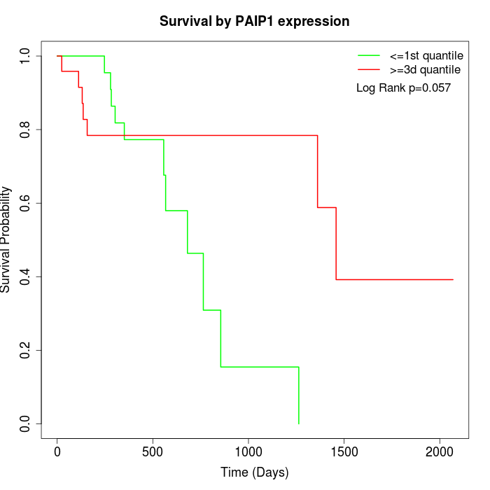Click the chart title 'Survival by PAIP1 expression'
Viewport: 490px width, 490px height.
254,22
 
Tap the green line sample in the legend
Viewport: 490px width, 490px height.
369,55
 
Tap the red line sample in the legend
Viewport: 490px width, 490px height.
369,70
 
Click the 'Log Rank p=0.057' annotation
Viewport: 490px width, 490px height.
403,88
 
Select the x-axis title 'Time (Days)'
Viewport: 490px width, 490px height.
254,472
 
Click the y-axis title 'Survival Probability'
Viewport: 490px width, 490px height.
7,239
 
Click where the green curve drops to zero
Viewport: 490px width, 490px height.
299,423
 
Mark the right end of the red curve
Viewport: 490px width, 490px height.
453,279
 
